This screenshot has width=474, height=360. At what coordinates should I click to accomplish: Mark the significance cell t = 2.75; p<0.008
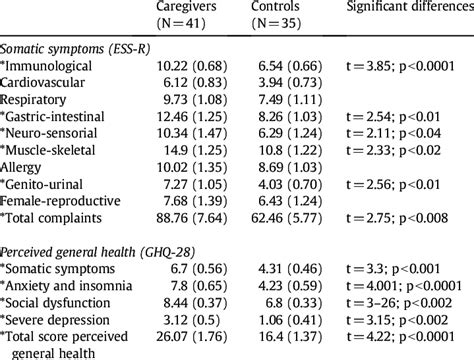click(404, 247)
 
